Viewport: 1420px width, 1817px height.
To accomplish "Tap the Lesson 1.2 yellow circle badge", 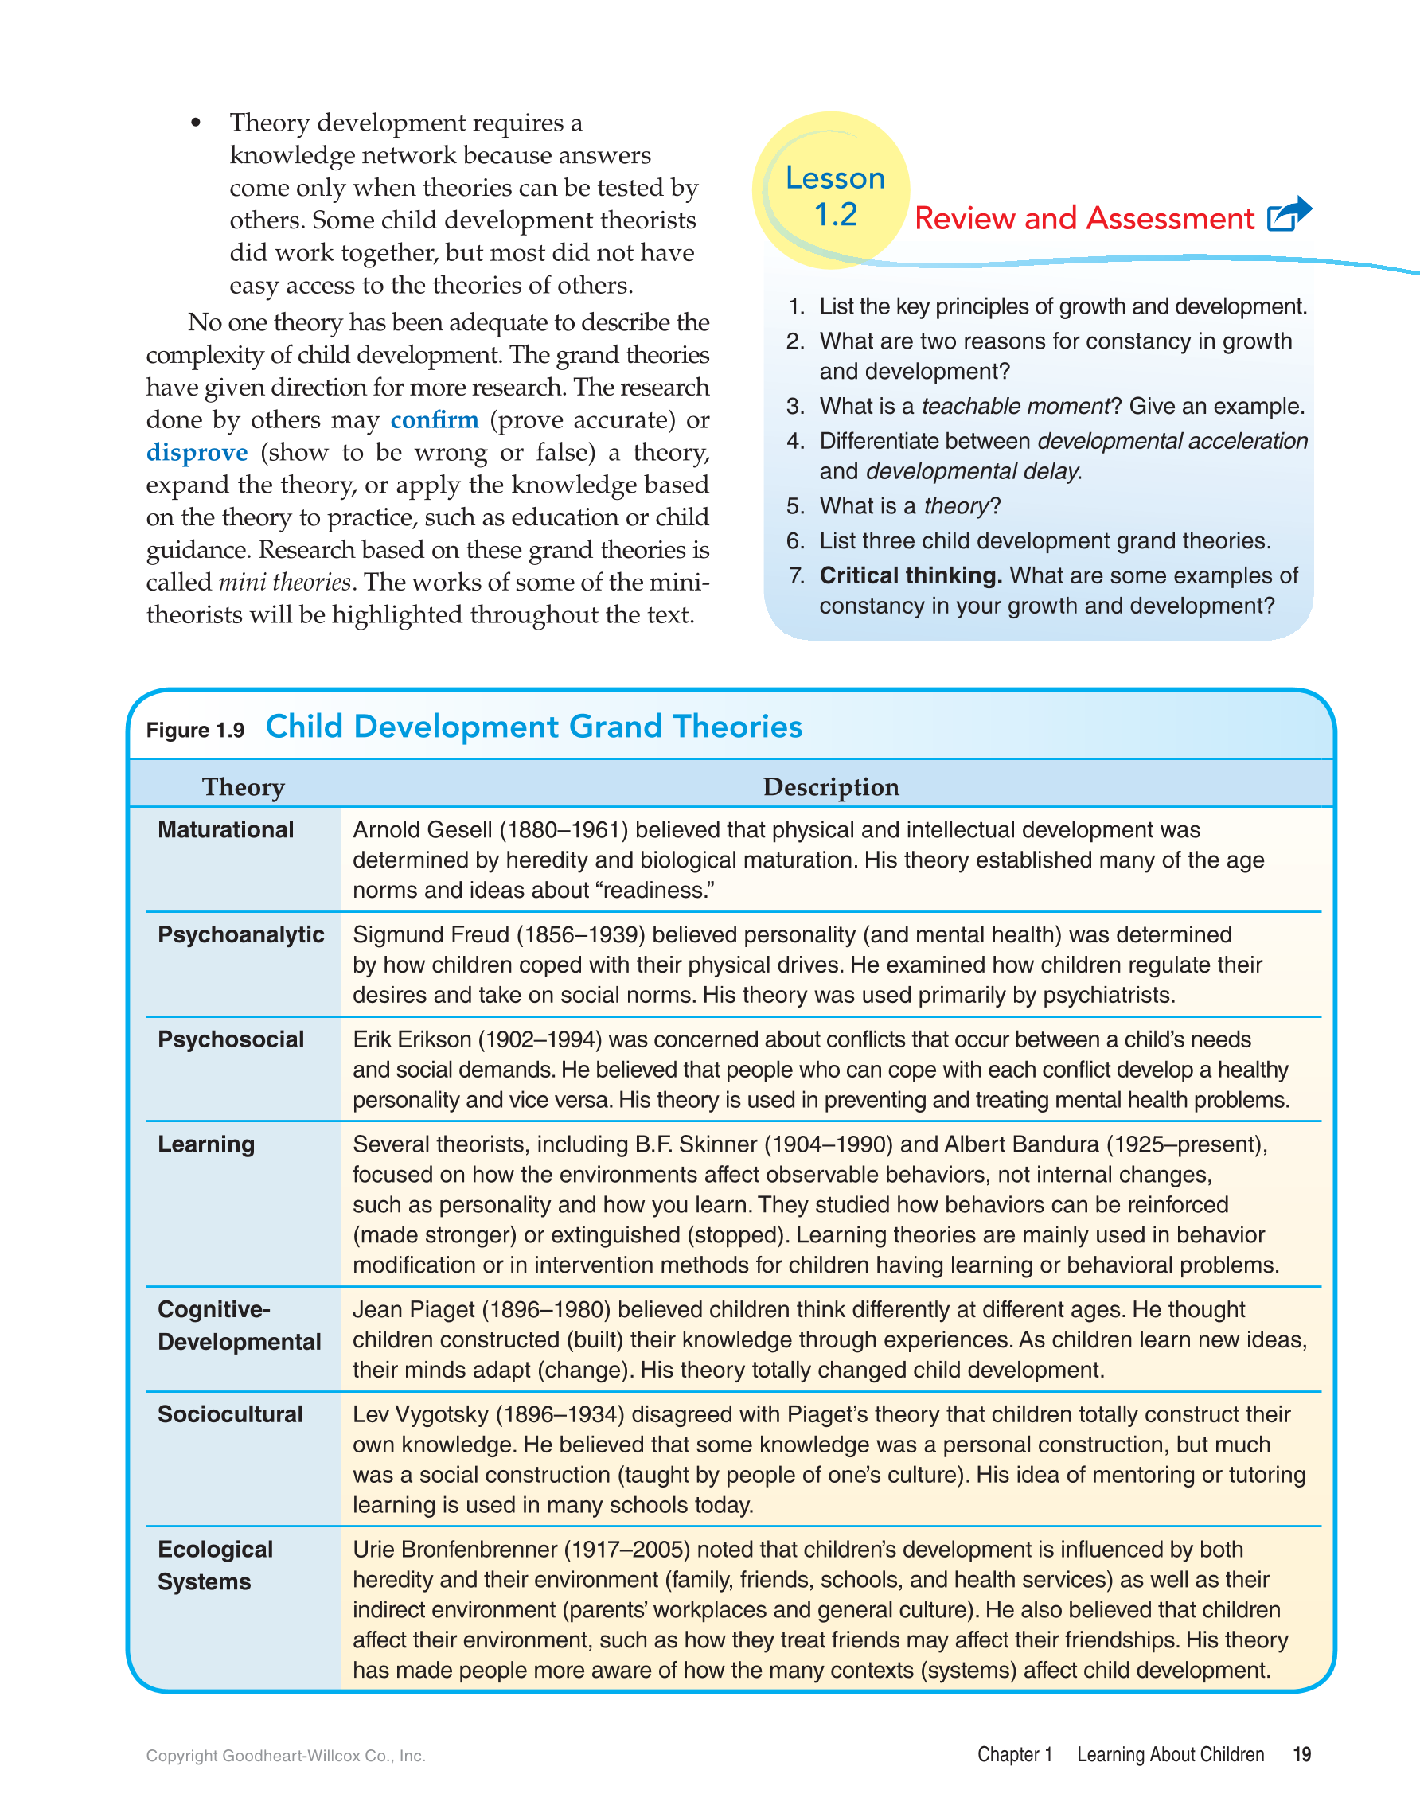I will [832, 191].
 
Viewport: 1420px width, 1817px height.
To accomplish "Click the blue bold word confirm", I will [435, 420].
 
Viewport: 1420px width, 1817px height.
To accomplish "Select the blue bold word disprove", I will [197, 453].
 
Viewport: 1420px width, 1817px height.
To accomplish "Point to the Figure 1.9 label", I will [195, 731].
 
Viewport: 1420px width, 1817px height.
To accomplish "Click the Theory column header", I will [243, 787].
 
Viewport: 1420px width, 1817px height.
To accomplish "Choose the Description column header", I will [830, 787].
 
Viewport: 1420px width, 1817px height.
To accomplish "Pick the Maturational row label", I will [225, 829].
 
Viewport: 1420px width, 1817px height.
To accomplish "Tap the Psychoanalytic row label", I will [240, 934].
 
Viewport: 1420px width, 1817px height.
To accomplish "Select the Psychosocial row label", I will [230, 1039].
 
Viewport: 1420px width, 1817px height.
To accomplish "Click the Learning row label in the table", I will [206, 1144].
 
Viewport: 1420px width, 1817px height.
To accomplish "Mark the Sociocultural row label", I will [230, 1414].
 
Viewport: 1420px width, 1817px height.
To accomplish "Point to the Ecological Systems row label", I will [215, 1565].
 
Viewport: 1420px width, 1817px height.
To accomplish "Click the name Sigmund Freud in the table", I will [431, 934].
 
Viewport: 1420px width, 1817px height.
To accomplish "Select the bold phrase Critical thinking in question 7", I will [910, 575].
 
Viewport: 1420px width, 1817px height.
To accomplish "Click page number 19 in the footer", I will [1301, 1755].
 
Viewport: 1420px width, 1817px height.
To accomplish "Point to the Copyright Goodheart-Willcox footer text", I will [285, 1757].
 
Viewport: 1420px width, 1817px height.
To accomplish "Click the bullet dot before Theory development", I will [196, 123].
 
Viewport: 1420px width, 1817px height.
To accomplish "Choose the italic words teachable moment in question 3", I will [1016, 406].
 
